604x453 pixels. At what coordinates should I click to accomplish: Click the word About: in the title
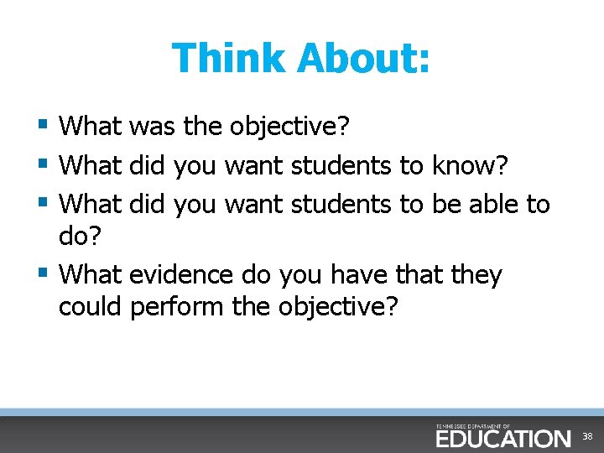pyautogui.click(x=362, y=59)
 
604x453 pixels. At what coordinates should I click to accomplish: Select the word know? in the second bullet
pyautogui.click(x=469, y=165)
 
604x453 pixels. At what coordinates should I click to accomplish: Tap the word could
pyautogui.click(x=91, y=307)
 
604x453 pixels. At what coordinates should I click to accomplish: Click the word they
pyautogui.click(x=475, y=275)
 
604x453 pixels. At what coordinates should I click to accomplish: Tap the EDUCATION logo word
pyautogui.click(x=502, y=438)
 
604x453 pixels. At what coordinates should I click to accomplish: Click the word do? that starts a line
pyautogui.click(x=79, y=237)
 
